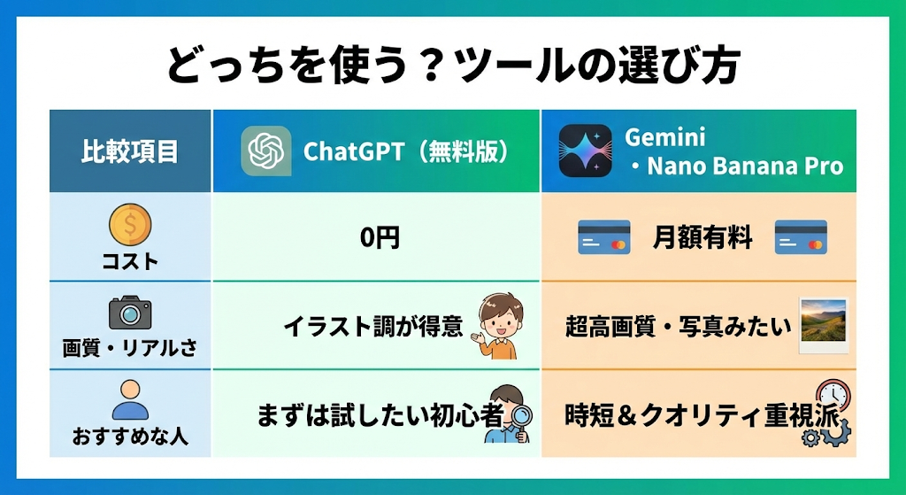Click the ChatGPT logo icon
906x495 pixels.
tap(265, 151)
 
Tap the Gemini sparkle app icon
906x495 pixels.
tap(586, 151)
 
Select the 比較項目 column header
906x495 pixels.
tap(129, 151)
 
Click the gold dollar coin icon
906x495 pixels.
tap(130, 224)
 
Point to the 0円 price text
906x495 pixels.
tap(380, 237)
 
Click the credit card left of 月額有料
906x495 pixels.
tap(603, 237)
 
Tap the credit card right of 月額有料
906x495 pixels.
tap(801, 237)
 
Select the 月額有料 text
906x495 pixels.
tap(703, 237)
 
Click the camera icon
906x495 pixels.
tap(130, 313)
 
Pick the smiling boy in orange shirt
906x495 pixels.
tap(499, 326)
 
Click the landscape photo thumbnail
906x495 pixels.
tap(824, 325)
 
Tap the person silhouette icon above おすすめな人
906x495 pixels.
tap(130, 399)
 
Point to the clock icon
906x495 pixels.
tap(833, 396)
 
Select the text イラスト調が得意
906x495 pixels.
tap(373, 327)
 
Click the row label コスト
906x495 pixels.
tap(130, 262)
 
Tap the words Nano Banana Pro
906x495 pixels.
tap(745, 166)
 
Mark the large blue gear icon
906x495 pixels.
tap(836, 432)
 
